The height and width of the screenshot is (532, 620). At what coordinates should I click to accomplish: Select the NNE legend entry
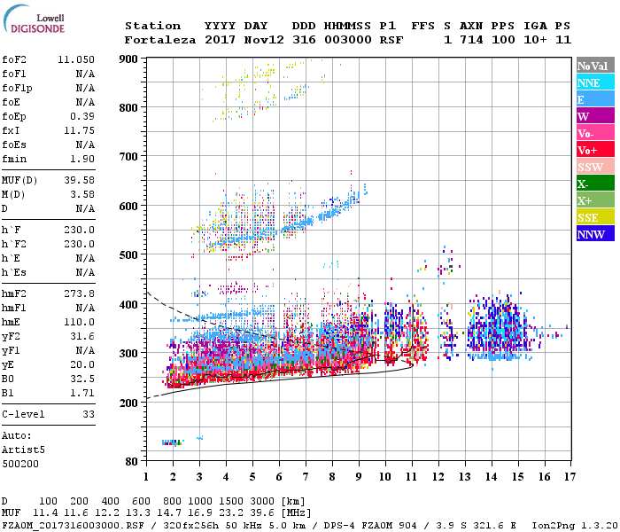594,82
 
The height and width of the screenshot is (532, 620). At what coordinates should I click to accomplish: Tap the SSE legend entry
594,218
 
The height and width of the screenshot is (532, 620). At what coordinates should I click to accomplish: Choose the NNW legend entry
594,235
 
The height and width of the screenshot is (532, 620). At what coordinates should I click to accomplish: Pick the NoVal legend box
594,66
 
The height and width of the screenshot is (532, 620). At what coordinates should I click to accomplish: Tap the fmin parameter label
16,159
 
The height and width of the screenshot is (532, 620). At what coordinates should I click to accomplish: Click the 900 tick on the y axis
130,59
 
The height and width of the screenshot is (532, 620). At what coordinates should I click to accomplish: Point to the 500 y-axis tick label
130,255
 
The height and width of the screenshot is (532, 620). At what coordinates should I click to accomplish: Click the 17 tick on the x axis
567,476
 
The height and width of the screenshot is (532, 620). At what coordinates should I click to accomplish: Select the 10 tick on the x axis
384,476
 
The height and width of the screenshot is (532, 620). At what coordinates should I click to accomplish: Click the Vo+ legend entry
594,150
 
